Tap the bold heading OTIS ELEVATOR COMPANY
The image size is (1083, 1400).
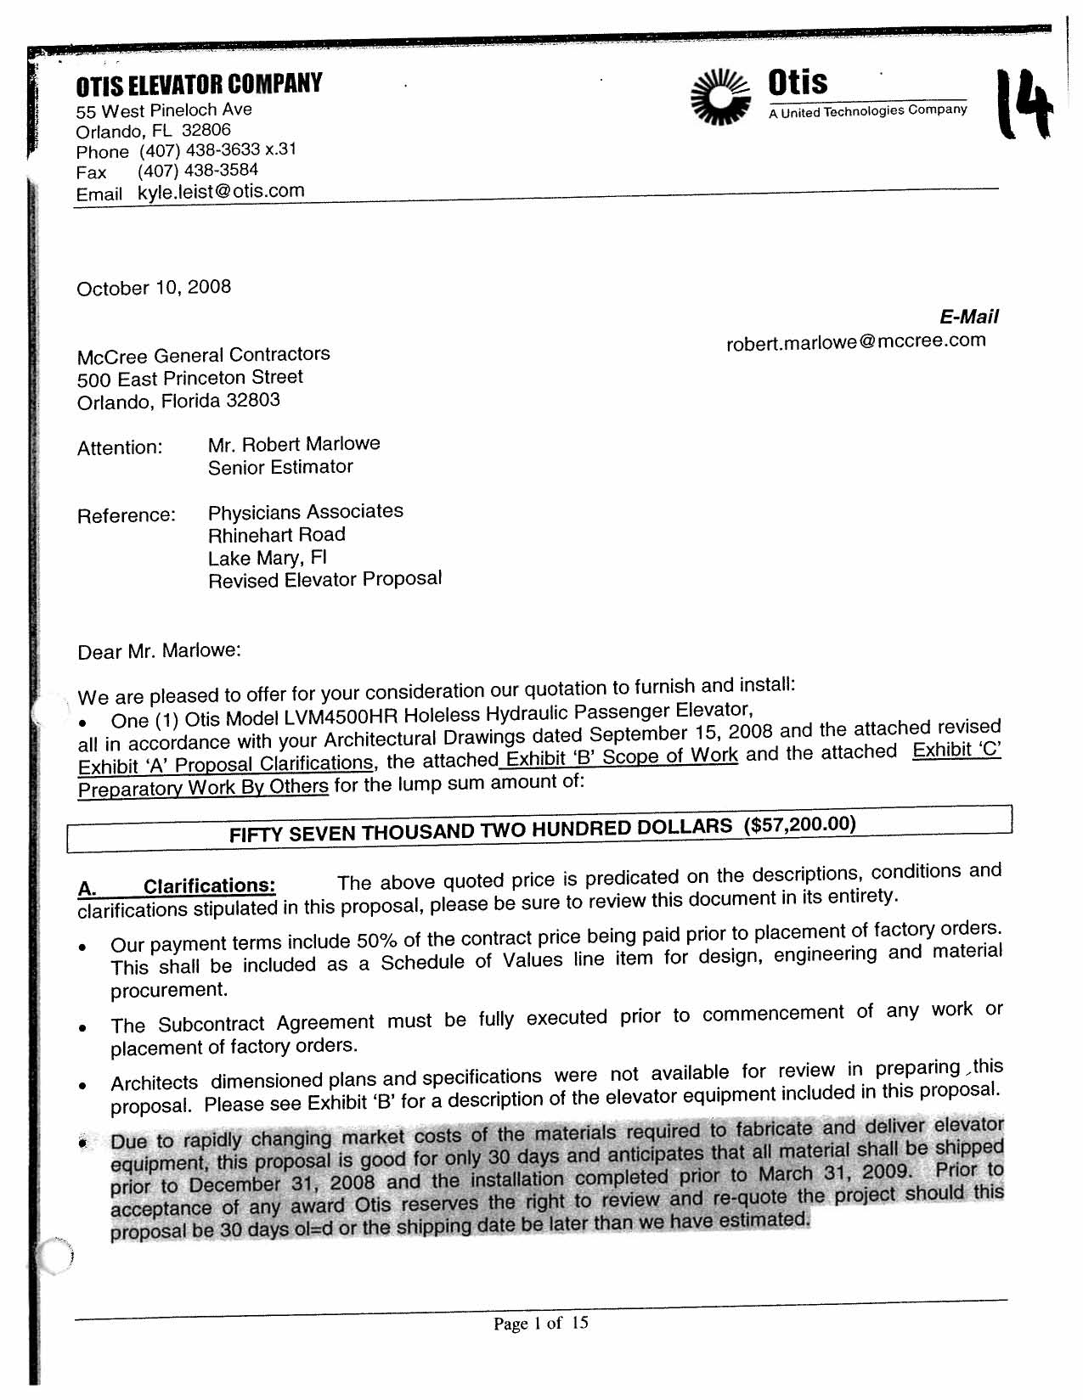click(199, 84)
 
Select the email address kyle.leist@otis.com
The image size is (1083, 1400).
click(221, 191)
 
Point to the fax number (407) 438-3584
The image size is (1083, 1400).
click(198, 171)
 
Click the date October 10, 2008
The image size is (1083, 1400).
click(154, 288)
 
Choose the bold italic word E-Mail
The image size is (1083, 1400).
click(968, 317)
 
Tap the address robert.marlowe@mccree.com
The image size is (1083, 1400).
click(856, 341)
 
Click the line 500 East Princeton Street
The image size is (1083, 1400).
click(189, 378)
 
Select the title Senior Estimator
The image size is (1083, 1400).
click(280, 467)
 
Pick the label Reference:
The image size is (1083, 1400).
click(126, 515)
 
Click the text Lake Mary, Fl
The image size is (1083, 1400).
click(268, 558)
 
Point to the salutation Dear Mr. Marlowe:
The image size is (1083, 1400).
click(159, 651)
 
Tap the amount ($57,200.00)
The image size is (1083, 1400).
click(799, 824)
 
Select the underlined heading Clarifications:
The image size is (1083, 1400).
click(209, 886)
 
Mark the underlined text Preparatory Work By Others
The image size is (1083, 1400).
click(203, 787)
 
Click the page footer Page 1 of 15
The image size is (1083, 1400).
click(541, 1323)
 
